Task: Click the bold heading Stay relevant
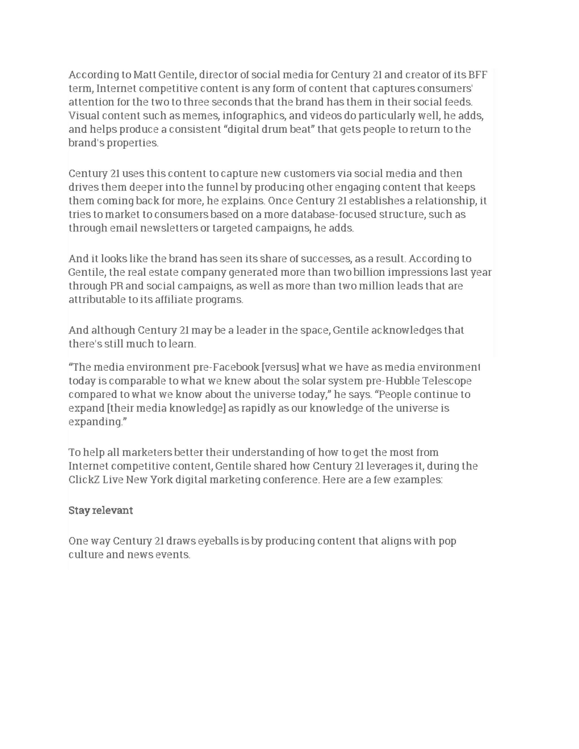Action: click(100, 510)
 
